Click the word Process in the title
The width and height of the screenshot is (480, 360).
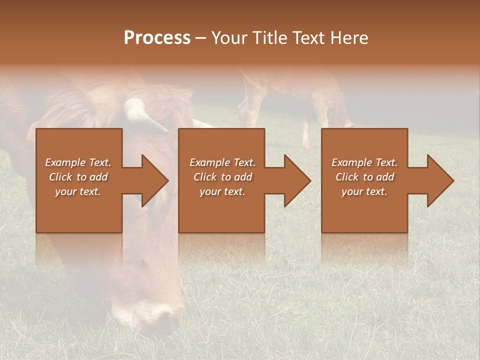click(x=157, y=38)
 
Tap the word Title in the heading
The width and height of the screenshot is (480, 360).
click(x=268, y=38)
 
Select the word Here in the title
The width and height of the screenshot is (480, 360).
click(x=349, y=38)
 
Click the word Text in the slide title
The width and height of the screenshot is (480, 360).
click(x=308, y=38)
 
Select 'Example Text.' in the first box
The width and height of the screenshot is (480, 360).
click(x=78, y=162)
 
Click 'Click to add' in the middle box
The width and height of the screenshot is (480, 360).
click(x=222, y=177)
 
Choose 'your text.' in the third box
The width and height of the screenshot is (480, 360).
click(x=364, y=191)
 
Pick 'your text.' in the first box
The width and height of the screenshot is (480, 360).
click(x=78, y=191)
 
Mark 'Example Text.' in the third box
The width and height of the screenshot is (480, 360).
click(x=364, y=162)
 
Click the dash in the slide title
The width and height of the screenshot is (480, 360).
click(x=201, y=38)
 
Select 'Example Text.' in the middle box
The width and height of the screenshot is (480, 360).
click(x=222, y=162)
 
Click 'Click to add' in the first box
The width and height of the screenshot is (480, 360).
click(x=78, y=177)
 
